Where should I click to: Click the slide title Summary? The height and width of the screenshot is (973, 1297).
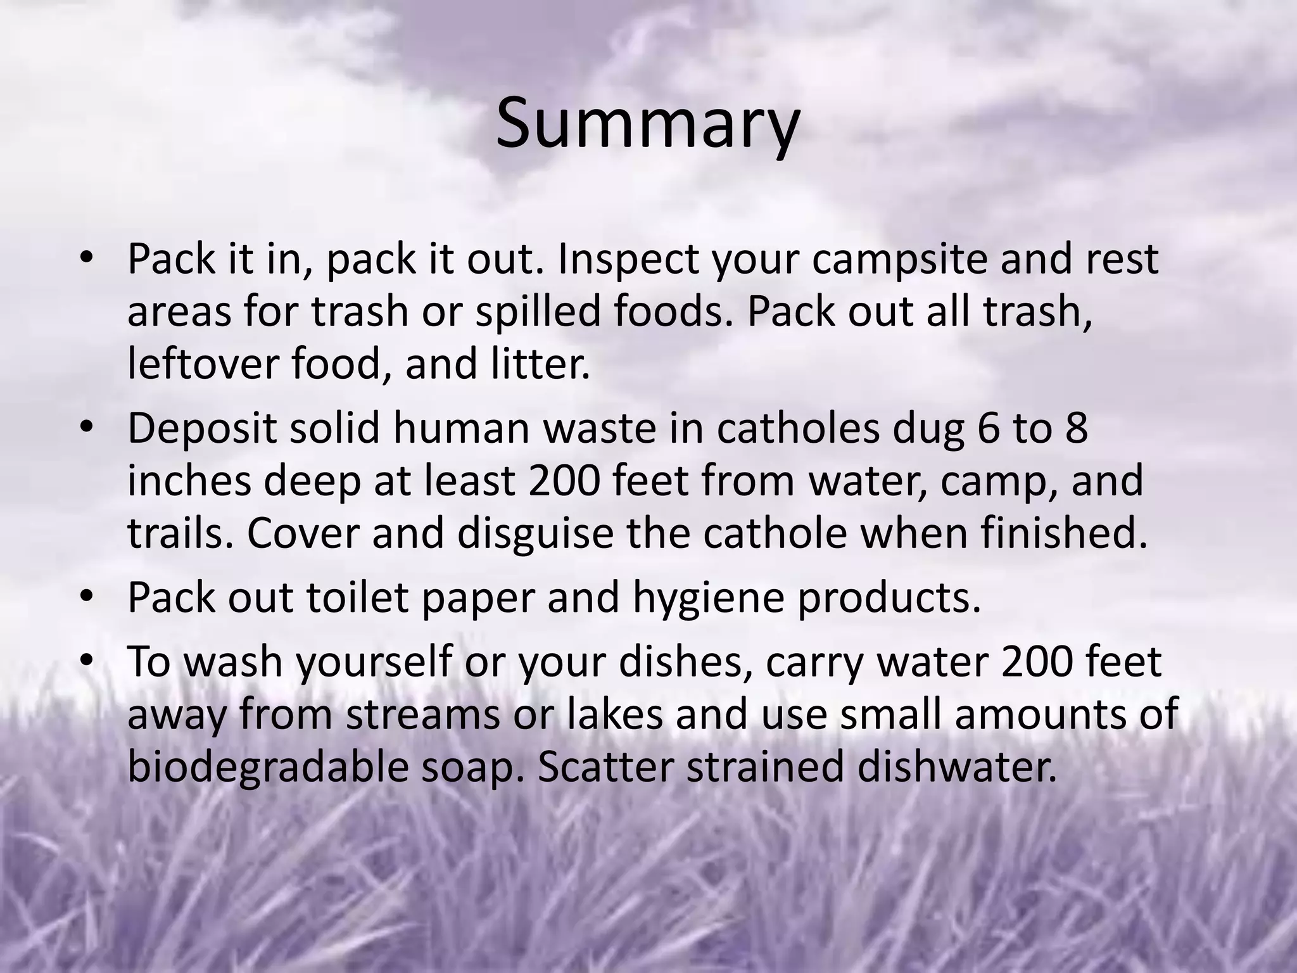pos(647,124)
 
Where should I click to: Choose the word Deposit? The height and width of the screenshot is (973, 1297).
pos(202,429)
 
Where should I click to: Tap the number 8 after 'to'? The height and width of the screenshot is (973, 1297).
pos(1076,428)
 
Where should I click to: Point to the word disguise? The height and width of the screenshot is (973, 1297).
pos(535,533)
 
